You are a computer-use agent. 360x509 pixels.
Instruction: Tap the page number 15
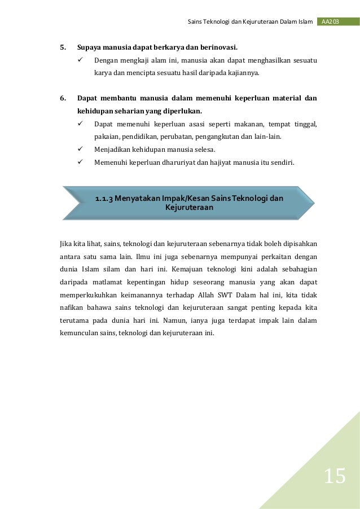point(334,477)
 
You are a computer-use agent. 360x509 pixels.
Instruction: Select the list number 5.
point(63,47)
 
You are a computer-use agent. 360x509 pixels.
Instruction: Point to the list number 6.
point(63,98)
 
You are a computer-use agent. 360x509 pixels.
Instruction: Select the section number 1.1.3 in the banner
point(104,198)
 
